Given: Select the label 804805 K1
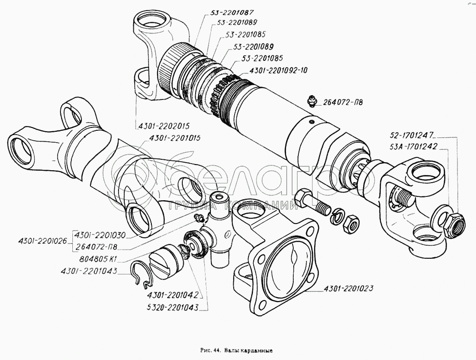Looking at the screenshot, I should pyautogui.click(x=99, y=259).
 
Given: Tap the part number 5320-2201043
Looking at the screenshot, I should pyautogui.click(x=172, y=307).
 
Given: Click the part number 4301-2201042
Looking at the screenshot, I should pyautogui.click(x=172, y=295).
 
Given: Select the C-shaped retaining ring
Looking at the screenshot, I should pyautogui.click(x=143, y=275).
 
